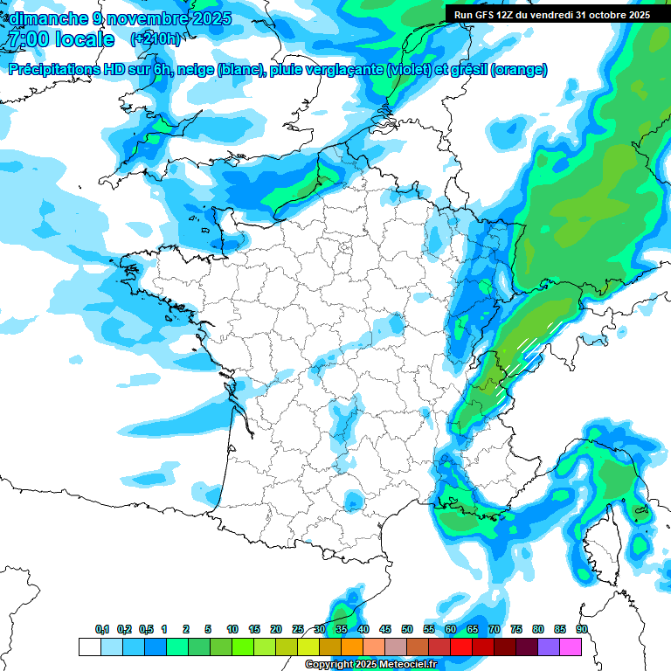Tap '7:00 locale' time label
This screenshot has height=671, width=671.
click(60, 39)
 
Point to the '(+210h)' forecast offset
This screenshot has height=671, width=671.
click(156, 39)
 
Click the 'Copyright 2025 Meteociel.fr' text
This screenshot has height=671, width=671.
click(370, 665)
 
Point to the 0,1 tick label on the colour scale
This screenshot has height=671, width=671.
click(101, 629)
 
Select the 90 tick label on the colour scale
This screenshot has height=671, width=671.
click(581, 629)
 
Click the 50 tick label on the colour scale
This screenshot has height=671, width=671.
click(407, 629)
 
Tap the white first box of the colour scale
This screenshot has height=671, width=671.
click(89, 647)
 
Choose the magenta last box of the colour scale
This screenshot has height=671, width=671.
click(571, 647)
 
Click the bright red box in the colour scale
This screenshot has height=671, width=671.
click(461, 647)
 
